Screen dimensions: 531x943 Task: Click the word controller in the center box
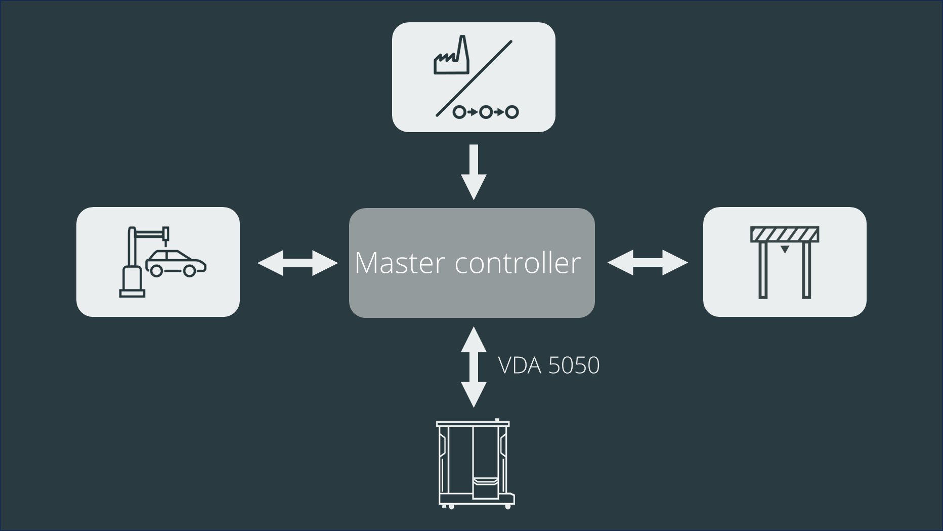[518, 263]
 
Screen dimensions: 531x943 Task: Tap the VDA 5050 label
[548, 365]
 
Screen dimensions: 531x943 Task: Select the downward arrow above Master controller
[474, 172]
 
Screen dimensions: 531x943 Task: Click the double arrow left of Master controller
[297, 263]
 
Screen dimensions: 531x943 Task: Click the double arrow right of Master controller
[648, 263]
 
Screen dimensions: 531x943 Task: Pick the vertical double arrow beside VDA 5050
[474, 367]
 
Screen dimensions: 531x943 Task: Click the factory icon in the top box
[451, 57]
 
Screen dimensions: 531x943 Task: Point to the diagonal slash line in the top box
[474, 78]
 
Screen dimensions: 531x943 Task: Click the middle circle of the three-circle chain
[486, 112]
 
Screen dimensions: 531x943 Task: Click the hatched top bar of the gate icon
[784, 235]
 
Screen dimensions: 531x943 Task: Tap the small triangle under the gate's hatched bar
[784, 249]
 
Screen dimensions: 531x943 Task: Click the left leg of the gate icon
[763, 271]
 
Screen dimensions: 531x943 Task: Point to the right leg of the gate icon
[806, 271]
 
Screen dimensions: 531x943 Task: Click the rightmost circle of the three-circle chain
[512, 112]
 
